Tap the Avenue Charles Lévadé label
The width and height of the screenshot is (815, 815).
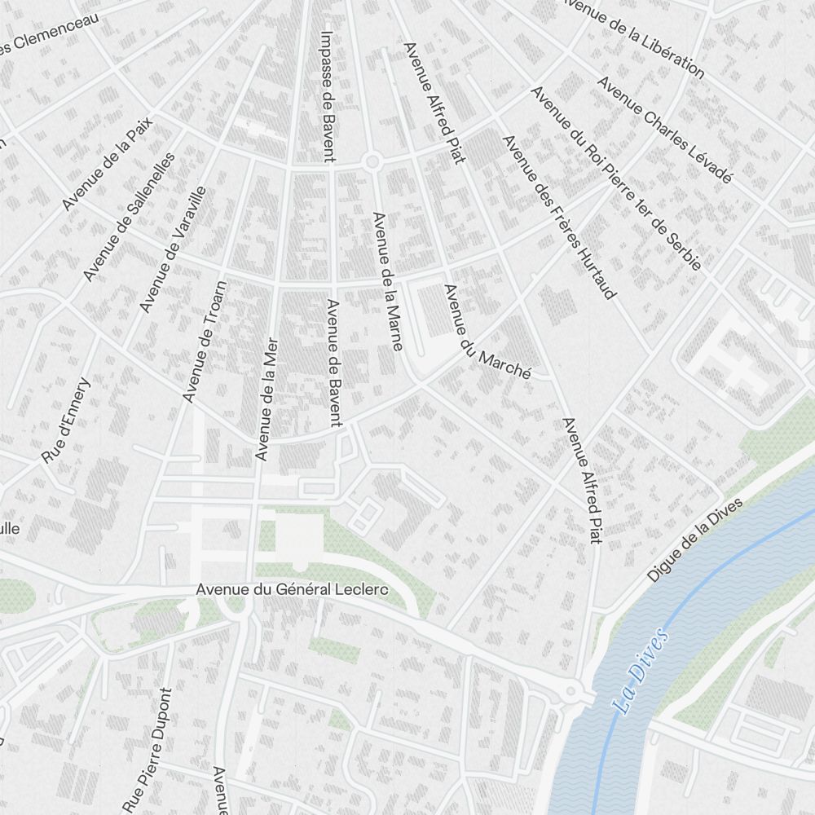665,130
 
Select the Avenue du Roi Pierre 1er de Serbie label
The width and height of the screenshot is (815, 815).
615,178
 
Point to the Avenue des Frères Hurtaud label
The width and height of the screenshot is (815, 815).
558,217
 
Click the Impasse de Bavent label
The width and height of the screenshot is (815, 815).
328,96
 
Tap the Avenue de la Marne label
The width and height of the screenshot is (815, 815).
387,281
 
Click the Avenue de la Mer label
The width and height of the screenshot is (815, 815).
267,399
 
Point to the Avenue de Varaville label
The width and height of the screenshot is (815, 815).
173,249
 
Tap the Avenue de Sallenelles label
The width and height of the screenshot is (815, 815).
130,216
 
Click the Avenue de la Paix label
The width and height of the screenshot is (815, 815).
107,162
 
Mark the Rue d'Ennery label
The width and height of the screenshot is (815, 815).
67,421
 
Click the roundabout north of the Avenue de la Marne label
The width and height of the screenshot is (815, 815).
372,161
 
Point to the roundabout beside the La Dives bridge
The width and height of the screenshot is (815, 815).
571,693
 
